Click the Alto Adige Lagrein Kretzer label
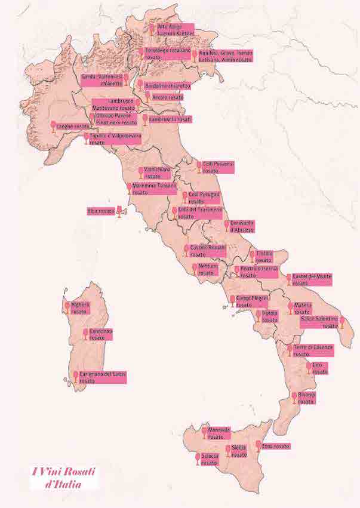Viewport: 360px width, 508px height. coord(175,30)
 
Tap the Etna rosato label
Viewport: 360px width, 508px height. coord(276,446)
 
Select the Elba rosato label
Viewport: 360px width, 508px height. coord(100,211)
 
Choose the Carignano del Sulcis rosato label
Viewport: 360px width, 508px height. coord(103,377)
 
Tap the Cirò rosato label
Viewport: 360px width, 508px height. coord(320,368)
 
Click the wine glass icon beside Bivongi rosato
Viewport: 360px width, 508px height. coord(294,398)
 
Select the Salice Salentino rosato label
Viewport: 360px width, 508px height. coord(319,322)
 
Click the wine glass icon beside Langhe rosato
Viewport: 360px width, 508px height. coord(53,127)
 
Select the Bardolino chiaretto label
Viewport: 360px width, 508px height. coord(168,85)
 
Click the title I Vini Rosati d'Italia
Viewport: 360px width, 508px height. coord(64,477)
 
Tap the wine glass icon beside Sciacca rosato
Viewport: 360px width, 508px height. coord(198,459)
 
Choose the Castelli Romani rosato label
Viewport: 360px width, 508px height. coord(208,250)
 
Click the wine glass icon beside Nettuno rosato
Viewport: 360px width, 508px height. coord(195,269)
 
